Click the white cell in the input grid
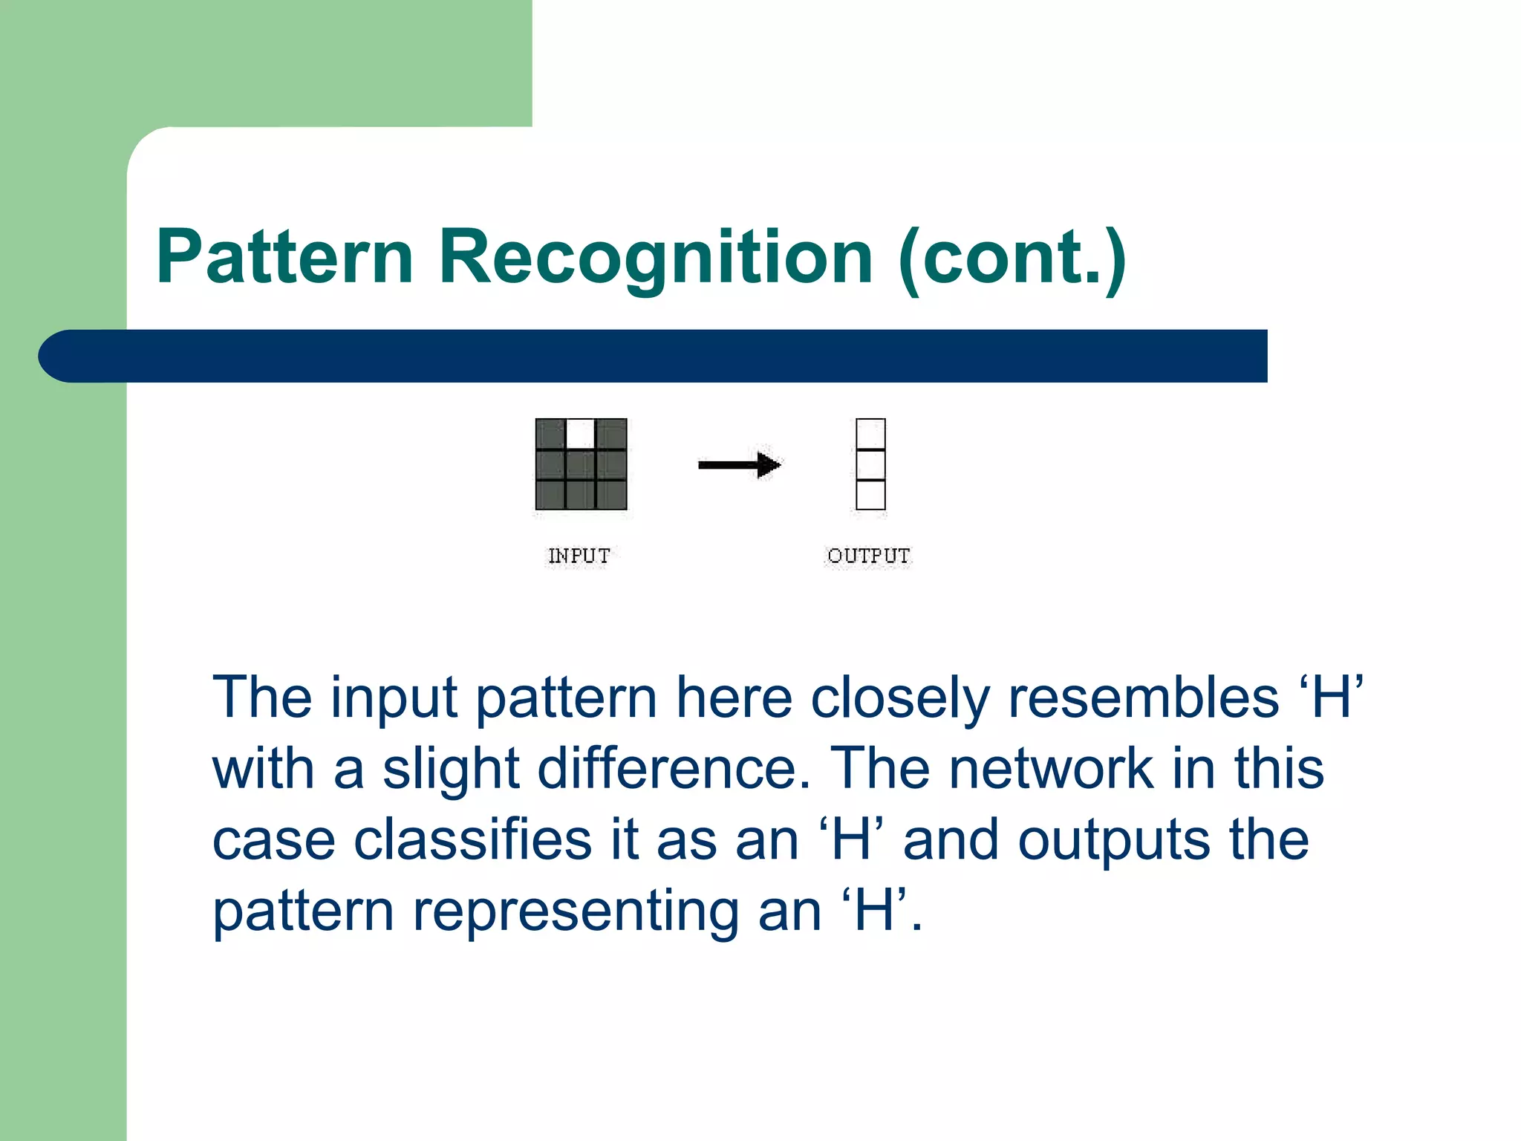click(581, 434)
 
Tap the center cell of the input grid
click(581, 465)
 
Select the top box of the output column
click(870, 434)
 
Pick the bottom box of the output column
click(870, 495)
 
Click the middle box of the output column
click(870, 465)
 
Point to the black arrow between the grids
click(739, 466)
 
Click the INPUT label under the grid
click(579, 556)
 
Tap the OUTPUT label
click(868, 556)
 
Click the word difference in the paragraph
click(674, 769)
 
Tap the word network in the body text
click(1052, 769)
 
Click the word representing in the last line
click(576, 911)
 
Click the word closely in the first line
click(900, 698)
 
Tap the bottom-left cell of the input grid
click(550, 495)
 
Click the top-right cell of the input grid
click(611, 434)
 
